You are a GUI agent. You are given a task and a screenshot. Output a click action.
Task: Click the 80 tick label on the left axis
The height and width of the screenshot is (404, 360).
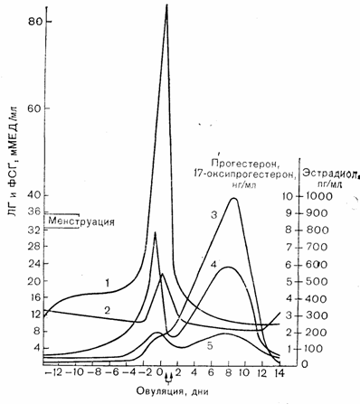(35, 22)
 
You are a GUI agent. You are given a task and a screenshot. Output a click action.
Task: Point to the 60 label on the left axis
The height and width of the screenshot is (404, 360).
(35, 108)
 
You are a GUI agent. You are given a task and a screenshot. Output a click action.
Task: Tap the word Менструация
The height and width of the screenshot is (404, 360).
(81, 221)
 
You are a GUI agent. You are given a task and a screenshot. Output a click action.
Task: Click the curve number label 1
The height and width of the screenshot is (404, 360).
(108, 283)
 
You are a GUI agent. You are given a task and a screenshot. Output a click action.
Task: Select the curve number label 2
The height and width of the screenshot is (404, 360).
(107, 310)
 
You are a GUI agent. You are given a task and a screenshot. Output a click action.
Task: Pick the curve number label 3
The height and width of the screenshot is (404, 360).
(214, 215)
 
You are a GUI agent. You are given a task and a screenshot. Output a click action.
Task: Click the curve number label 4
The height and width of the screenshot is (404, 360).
(213, 265)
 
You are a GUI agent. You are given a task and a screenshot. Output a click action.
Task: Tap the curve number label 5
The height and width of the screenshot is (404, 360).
(210, 346)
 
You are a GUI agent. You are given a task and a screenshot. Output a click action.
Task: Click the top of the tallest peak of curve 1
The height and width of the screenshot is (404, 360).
(166, 5)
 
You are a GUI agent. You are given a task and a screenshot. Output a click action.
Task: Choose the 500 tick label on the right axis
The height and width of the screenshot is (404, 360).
(316, 282)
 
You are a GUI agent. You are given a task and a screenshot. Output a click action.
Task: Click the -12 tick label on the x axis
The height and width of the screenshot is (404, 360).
(55, 372)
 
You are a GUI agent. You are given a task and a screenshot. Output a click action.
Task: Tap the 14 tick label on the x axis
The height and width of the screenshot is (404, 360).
(280, 372)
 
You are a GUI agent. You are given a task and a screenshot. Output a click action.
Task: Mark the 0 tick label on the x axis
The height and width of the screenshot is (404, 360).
(161, 372)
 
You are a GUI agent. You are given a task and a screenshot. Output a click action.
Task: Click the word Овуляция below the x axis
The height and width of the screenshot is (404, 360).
(160, 391)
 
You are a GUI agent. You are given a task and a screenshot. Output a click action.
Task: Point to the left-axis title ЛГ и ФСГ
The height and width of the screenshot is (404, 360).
(13, 185)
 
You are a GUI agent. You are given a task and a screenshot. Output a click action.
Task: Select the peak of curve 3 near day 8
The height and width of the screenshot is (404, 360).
(233, 198)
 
